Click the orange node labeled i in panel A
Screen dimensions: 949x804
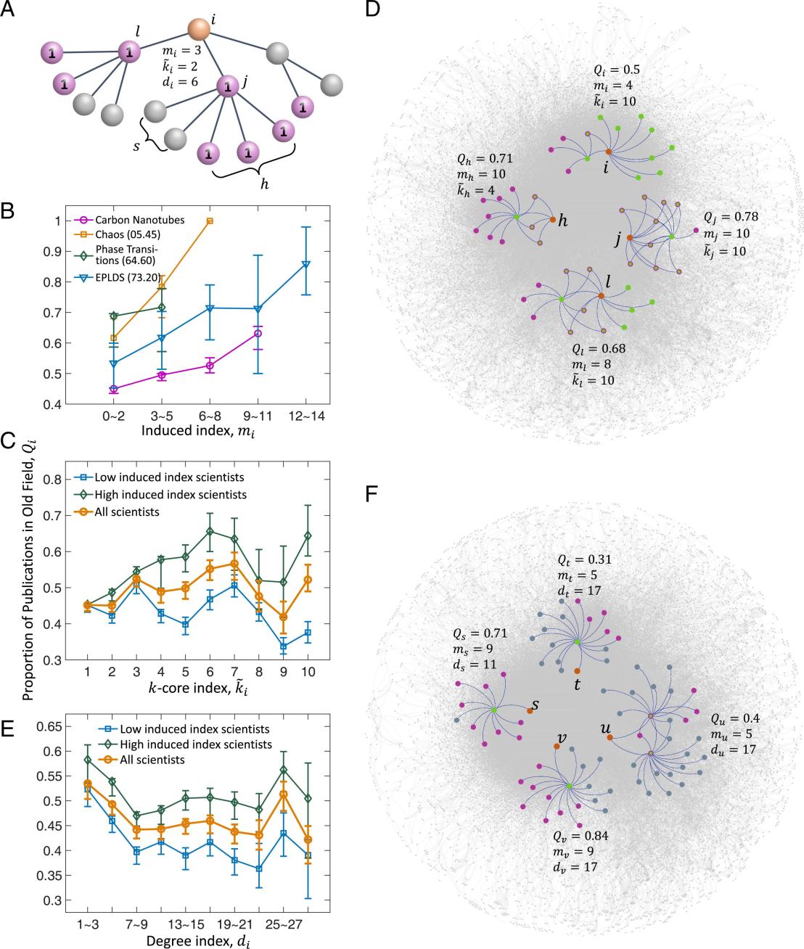coord(199,30)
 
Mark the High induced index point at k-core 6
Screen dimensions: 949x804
coord(210,531)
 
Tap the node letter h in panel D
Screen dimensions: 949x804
coord(562,221)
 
